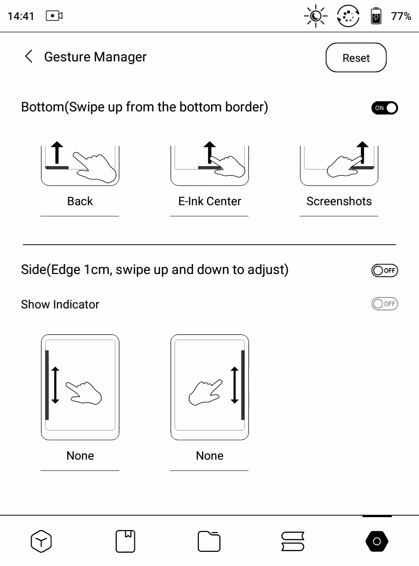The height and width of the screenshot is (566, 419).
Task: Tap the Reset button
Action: tap(356, 58)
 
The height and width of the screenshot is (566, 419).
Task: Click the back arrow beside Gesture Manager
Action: tap(29, 56)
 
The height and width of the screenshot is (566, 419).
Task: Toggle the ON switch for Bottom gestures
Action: tap(384, 108)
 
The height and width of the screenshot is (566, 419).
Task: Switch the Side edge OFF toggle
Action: tap(384, 270)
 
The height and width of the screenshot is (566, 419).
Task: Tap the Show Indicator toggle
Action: tap(384, 304)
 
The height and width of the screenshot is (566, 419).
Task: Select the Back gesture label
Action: tap(80, 201)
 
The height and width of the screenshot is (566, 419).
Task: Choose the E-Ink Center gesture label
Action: tap(209, 201)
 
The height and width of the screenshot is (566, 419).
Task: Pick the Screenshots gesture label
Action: tap(339, 201)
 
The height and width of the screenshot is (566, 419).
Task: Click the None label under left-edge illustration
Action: tap(80, 456)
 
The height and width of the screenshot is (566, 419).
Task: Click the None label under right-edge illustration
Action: tap(209, 456)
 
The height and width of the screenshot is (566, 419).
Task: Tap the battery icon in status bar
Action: tap(376, 16)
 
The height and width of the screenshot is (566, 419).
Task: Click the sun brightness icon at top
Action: tap(315, 16)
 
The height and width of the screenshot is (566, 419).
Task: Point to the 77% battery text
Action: tap(401, 16)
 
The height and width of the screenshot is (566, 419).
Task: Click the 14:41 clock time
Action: tap(21, 16)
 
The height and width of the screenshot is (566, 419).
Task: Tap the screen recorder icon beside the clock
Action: tap(54, 16)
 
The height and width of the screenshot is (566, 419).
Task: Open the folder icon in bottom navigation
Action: tap(209, 541)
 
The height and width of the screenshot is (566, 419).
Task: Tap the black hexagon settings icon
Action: tap(376, 541)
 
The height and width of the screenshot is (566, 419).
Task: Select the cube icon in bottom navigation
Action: tap(41, 541)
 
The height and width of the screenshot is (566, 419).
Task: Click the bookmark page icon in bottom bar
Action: tap(125, 541)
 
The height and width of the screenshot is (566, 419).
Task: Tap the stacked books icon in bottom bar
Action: tap(293, 541)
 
